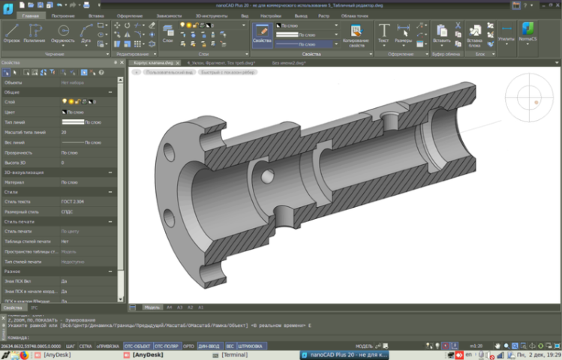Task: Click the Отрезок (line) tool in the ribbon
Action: coord(11,34)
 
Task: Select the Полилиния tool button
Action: coord(35,34)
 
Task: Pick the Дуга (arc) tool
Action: coord(85,34)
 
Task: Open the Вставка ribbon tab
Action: coord(96,15)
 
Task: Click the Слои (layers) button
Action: coord(168,34)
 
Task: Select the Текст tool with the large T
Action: coord(383,34)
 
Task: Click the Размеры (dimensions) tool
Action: coord(404,34)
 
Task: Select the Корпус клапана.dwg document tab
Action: coord(154,64)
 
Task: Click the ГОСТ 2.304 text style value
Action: coord(73,201)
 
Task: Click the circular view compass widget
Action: coord(531,100)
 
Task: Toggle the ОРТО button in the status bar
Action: coord(188,346)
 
